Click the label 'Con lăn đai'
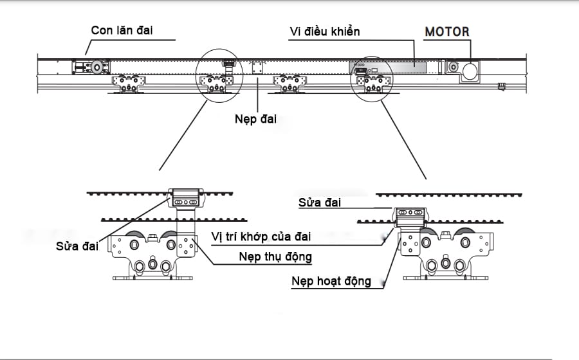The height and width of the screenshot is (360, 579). point(123,30)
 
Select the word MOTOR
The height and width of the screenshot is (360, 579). point(447,32)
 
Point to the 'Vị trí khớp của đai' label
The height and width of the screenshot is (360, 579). point(261,236)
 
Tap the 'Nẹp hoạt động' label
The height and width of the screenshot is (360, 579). point(331,281)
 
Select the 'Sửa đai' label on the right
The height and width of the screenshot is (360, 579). point(320,203)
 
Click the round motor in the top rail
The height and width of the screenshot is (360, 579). point(470,70)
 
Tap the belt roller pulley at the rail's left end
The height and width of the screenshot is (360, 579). point(97,66)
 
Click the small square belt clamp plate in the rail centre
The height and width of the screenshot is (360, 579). point(257,68)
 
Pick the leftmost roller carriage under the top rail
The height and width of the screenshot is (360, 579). point(129,83)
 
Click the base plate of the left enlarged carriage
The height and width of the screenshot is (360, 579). point(153,278)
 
